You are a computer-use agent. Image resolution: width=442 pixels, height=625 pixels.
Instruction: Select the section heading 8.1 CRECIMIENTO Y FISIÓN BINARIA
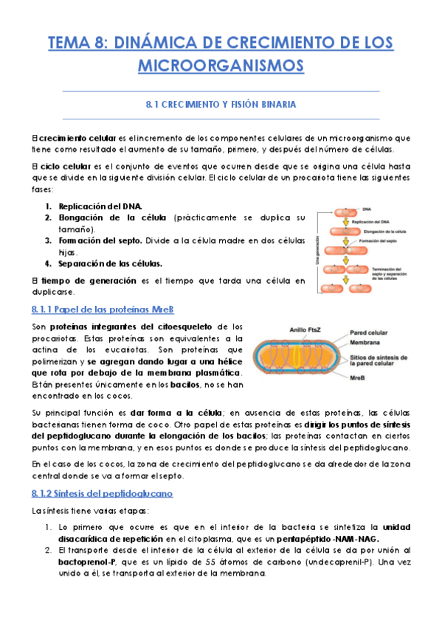tap(221, 105)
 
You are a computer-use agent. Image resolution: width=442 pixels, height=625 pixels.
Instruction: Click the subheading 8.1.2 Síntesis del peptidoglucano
tap(103, 493)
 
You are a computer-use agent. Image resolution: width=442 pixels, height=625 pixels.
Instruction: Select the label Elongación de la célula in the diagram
tap(379, 231)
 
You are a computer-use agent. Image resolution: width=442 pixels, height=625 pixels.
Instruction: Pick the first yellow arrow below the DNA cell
tap(341, 220)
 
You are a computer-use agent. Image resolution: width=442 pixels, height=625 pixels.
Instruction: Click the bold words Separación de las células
tap(111, 263)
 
